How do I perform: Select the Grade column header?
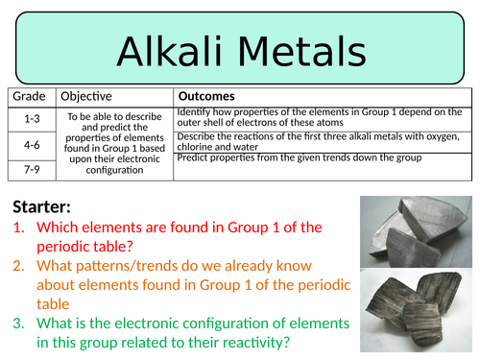pos(29,97)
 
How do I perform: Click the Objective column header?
pos(86,97)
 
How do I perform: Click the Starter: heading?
pos(44,207)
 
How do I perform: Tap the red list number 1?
pos(19,228)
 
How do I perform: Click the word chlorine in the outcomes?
pos(197,147)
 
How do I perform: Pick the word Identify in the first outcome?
pos(198,112)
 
